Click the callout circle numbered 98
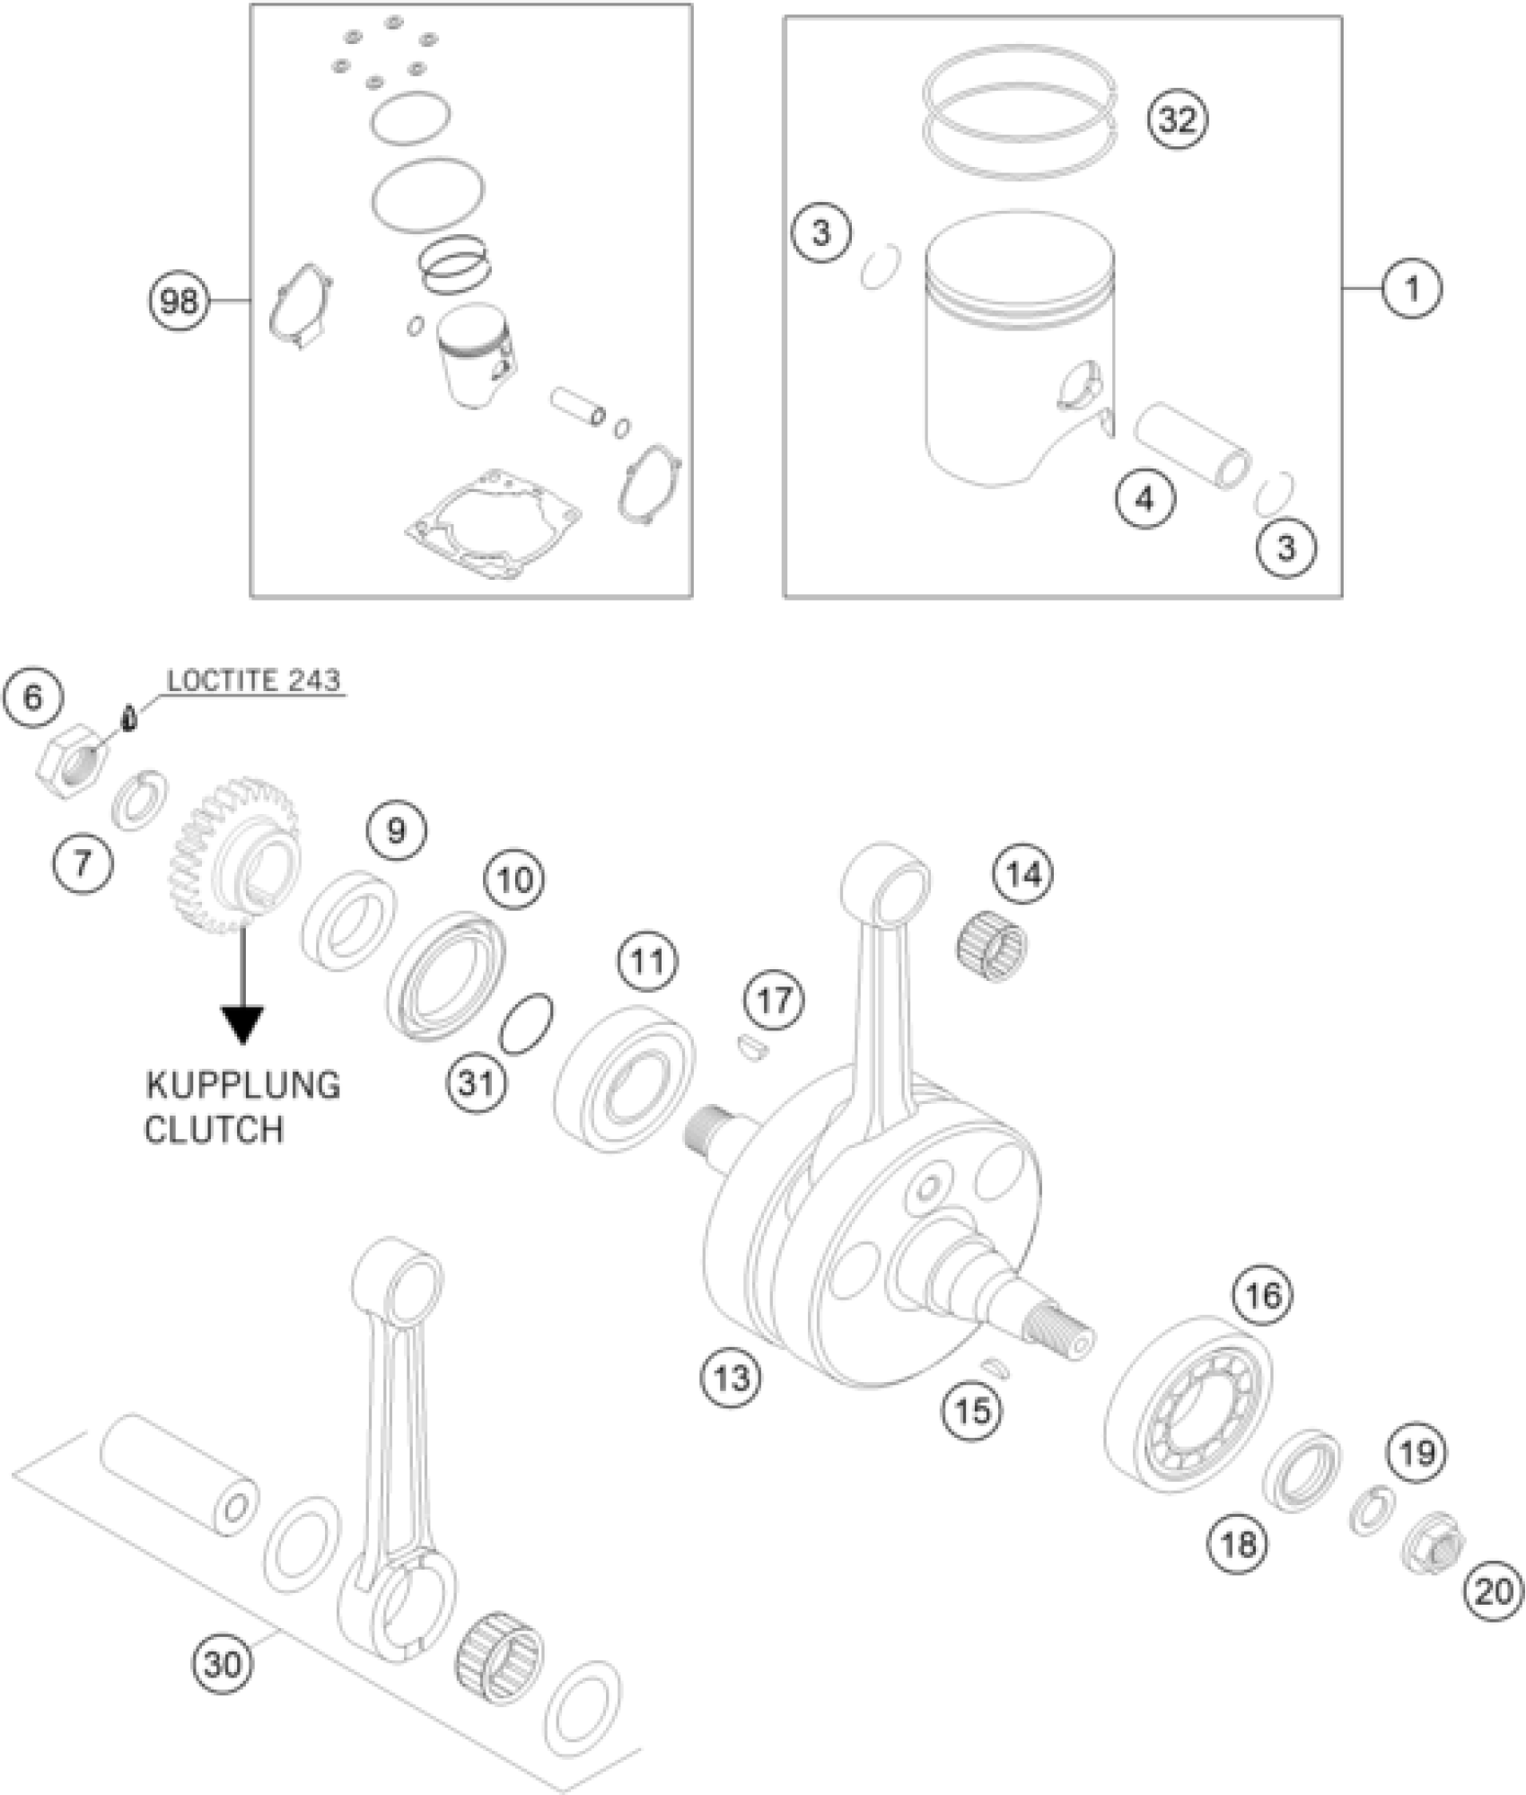(178, 301)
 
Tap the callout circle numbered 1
(1411, 289)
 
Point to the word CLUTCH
(214, 1129)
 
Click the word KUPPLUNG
(243, 1085)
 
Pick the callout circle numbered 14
(1024, 873)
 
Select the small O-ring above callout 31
(526, 1023)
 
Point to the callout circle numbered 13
(731, 1376)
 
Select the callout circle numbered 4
(1145, 498)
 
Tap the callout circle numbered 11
(647, 962)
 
